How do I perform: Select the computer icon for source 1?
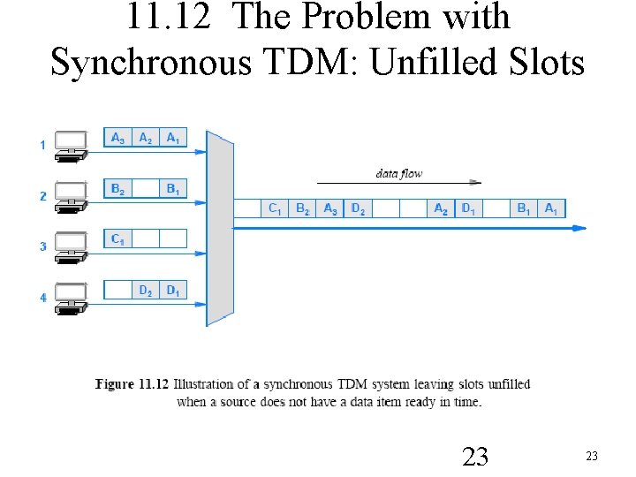tap(71, 145)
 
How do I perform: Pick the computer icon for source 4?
tap(71, 297)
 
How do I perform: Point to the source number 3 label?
tap(42, 246)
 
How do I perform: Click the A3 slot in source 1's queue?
tap(117, 138)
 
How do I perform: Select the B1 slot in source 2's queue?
tap(173, 188)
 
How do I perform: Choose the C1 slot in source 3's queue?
tap(117, 238)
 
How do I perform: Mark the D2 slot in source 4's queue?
tap(146, 290)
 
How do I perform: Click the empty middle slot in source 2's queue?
tap(146, 188)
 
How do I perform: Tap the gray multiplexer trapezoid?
tap(220, 228)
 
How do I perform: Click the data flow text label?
tap(399, 173)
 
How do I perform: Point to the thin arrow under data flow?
tap(424, 183)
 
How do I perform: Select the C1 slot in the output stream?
tap(275, 208)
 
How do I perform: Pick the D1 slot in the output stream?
tap(468, 208)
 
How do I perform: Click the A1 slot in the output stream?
tap(550, 208)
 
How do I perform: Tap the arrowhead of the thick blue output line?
tap(579, 228)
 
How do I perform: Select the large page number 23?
tap(475, 456)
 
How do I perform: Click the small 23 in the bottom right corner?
tap(592, 456)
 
